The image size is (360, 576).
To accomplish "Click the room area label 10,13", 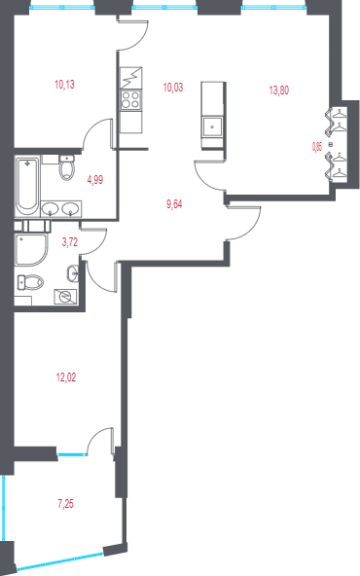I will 65,85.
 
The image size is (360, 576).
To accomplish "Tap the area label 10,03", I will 173,87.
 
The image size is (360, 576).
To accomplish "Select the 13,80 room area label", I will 278,90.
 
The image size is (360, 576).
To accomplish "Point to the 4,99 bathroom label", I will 95,179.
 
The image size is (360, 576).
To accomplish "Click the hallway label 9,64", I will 174,203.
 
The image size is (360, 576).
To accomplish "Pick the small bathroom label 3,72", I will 69,242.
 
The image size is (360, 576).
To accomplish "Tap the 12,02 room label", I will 65,377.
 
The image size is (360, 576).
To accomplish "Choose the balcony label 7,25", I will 65,503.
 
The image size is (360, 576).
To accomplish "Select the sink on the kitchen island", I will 212,127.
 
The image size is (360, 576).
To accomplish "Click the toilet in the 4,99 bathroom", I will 64,169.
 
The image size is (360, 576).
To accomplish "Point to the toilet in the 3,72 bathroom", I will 31,281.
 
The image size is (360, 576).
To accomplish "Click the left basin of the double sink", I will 48,206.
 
